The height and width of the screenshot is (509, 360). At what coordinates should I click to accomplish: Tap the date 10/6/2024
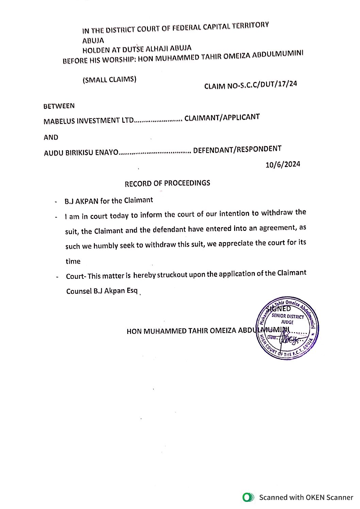coord(283,165)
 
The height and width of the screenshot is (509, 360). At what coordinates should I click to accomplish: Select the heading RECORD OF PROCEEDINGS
coord(167,183)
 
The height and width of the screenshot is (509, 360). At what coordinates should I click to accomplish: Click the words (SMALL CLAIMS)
coord(109,80)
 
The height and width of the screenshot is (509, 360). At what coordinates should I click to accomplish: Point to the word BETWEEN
coord(59,106)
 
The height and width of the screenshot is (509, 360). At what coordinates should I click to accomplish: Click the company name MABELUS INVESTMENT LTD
coord(88,121)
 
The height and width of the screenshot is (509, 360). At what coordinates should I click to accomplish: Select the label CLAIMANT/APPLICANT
coord(222,118)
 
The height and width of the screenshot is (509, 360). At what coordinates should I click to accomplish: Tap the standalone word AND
coord(51,137)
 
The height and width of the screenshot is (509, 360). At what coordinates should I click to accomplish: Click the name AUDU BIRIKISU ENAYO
coord(81,153)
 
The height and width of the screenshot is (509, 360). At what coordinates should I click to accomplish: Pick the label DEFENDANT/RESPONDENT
coord(237,149)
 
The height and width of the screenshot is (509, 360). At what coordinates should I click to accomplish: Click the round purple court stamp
coord(287,328)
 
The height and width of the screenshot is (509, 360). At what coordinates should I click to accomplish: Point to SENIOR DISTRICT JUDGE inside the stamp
coord(288,319)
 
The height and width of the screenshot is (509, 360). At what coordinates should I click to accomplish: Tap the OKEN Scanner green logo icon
coord(248,497)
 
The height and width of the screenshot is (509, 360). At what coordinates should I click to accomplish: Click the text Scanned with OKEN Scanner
coord(306,497)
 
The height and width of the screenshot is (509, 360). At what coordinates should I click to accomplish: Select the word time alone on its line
coord(73,261)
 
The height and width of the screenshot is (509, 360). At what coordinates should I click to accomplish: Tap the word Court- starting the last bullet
coord(76,276)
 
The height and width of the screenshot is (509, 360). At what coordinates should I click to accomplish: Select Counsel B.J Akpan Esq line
coord(102,291)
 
